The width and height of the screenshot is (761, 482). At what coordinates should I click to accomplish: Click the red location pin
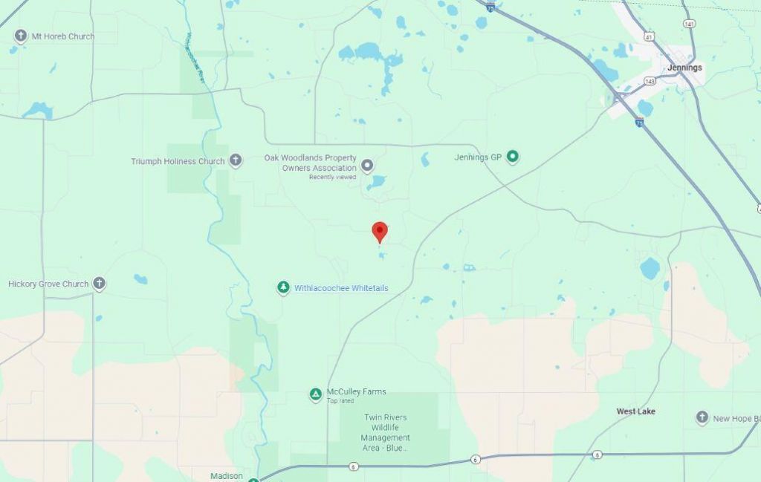380,231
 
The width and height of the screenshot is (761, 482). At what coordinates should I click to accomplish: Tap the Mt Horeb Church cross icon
20,36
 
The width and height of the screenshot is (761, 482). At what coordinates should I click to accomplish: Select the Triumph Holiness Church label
178,161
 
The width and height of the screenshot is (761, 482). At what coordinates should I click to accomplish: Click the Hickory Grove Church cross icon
99,284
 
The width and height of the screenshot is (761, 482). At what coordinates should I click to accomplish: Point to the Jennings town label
684,68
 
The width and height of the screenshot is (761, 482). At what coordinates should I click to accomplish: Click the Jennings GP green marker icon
512,157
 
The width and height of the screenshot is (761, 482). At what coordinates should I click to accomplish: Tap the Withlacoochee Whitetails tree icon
282,287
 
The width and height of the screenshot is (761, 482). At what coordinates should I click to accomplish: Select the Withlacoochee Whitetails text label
341,288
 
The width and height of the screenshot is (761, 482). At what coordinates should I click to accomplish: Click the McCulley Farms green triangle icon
316,394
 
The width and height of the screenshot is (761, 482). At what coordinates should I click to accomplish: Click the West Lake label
635,411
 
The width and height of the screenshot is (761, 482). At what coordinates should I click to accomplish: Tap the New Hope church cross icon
702,418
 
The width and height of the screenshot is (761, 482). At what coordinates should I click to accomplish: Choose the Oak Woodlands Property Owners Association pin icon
366,164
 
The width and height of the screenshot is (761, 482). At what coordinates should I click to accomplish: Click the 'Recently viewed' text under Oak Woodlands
332,177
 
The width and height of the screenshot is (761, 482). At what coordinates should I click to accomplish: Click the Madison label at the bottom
227,476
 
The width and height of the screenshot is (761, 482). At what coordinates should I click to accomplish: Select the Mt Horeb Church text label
62,36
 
